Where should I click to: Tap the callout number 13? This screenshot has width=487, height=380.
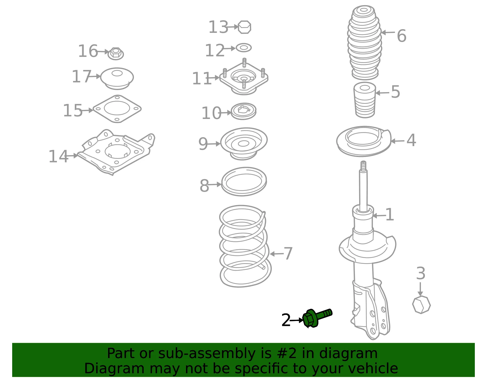218,27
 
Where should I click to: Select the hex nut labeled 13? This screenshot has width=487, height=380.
244,27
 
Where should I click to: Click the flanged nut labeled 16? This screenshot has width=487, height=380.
116,54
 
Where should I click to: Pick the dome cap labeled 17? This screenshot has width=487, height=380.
117,78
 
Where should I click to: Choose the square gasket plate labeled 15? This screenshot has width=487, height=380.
117,109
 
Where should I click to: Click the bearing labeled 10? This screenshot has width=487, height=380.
243,111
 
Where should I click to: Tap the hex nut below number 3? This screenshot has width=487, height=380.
421,305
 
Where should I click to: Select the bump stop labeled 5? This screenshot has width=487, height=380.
365,100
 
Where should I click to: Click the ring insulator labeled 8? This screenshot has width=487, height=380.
244,182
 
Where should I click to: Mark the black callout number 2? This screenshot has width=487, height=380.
286,320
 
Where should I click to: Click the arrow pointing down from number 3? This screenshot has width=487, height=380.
420,289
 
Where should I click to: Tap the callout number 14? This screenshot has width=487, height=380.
58,156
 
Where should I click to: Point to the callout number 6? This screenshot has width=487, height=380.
401,36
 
